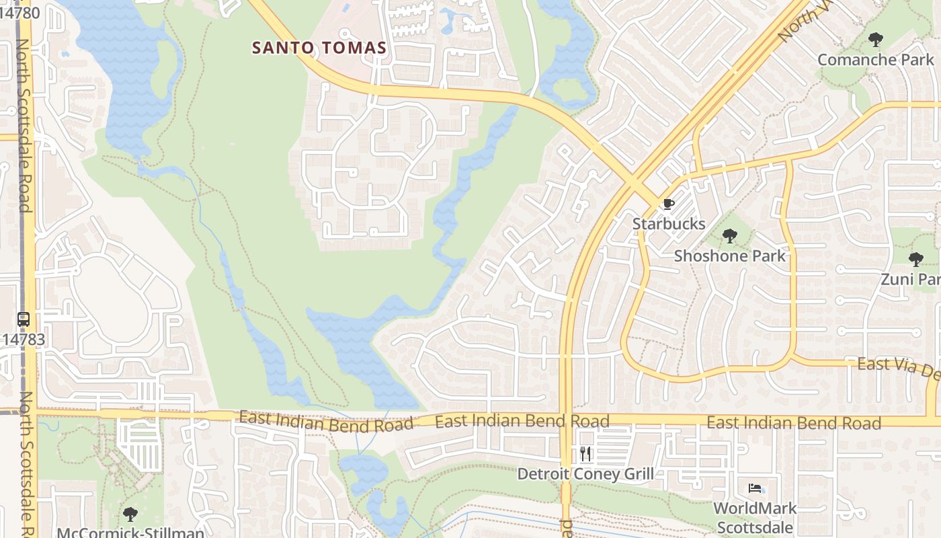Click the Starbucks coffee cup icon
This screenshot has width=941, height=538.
pyautogui.click(x=668, y=204)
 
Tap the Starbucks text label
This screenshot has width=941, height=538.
pyautogui.click(x=669, y=224)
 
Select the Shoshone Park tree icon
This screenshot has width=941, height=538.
pyautogui.click(x=730, y=236)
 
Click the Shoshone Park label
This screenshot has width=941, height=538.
pyautogui.click(x=730, y=256)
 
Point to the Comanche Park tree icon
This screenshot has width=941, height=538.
pyautogui.click(x=875, y=40)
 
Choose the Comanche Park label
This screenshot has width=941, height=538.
pyautogui.click(x=875, y=60)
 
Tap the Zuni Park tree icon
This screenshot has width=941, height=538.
pyautogui.click(x=915, y=260)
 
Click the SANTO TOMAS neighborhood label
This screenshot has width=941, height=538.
pyautogui.click(x=319, y=48)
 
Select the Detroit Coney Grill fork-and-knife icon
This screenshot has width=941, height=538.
pyautogui.click(x=585, y=454)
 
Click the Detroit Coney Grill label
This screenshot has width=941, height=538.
pyautogui.click(x=585, y=474)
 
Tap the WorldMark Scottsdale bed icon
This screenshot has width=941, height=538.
pyautogui.click(x=755, y=488)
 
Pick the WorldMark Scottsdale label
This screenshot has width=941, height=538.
pyautogui.click(x=755, y=517)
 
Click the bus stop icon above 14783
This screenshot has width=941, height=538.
pyautogui.click(x=24, y=319)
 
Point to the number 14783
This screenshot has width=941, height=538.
pyautogui.click(x=23, y=340)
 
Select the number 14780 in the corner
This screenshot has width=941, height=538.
pyautogui.click(x=20, y=12)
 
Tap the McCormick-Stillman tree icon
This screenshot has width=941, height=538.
pyautogui.click(x=130, y=514)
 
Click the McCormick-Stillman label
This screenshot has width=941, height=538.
pyautogui.click(x=130, y=533)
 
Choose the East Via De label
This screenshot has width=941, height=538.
pyautogui.click(x=898, y=367)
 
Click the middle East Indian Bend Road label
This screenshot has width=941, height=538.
pyautogui.click(x=522, y=421)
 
